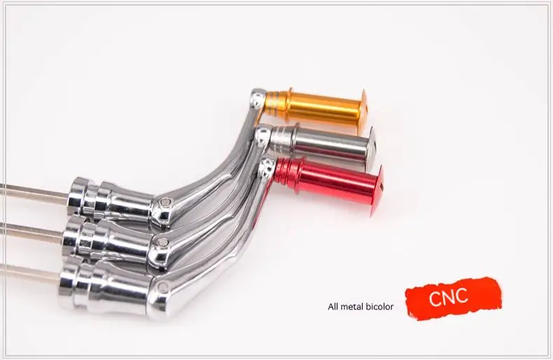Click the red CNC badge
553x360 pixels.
coord(453,298)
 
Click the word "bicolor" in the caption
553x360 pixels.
coord(379,307)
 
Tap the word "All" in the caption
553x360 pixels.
coord(333,307)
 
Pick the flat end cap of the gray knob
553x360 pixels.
coord(372,147)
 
